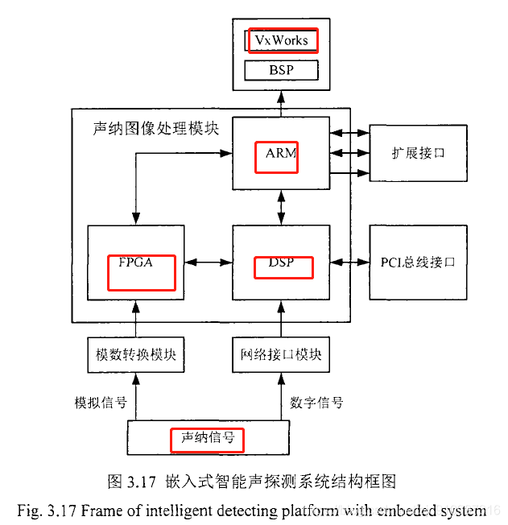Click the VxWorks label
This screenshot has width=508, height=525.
[282, 40]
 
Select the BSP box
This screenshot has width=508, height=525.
[281, 71]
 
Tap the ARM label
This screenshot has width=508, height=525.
[276, 154]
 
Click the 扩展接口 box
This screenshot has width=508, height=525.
[417, 153]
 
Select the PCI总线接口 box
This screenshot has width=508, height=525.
[417, 262]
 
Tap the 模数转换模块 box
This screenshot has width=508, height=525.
[136, 355]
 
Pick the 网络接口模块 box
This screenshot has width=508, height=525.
[281, 355]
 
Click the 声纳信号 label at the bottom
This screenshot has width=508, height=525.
[207, 439]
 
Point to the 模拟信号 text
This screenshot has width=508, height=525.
[97, 402]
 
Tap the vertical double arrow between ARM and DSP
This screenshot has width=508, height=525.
[281, 208]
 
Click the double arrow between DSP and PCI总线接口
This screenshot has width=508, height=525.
[349, 262]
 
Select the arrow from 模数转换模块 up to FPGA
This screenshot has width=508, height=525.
[136, 318]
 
